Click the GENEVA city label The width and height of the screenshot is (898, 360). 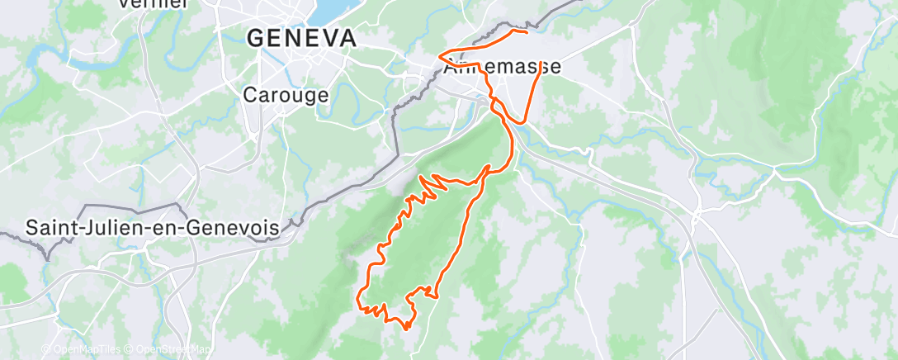pyautogui.click(x=301, y=38)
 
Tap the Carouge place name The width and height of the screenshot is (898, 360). pyautogui.click(x=286, y=95)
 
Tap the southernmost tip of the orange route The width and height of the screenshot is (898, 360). pyautogui.click(x=406, y=328)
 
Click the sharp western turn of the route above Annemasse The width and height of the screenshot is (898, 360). pyautogui.click(x=439, y=58)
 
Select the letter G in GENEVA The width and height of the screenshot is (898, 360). pyautogui.click(x=255, y=38)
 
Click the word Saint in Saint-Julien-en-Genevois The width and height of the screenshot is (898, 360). pyautogui.click(x=52, y=227)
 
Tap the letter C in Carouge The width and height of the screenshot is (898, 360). pyautogui.click(x=249, y=95)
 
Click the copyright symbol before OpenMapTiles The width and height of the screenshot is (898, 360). pyautogui.click(x=46, y=349)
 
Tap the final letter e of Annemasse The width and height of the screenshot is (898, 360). pyautogui.click(x=555, y=67)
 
